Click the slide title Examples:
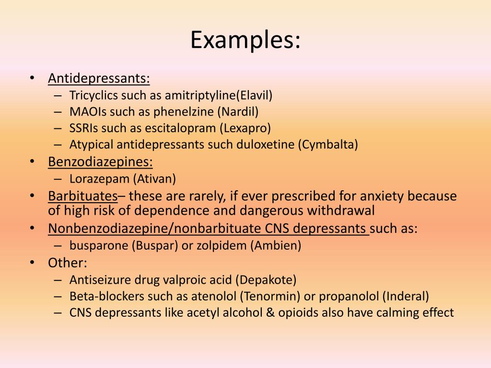[245, 40]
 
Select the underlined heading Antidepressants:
[99, 79]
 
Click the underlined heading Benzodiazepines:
[100, 161]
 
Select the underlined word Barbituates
[82, 196]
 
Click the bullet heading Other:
[68, 263]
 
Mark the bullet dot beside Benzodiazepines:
[32, 161]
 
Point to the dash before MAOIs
[58, 112]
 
